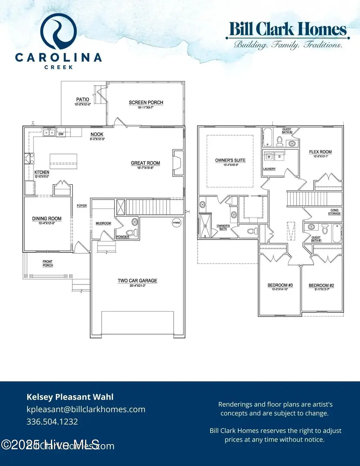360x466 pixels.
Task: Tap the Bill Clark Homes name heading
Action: click(287, 30)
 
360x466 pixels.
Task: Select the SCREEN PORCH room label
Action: click(146, 103)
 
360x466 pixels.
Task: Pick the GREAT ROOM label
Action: click(145, 163)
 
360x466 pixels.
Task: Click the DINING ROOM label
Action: click(47, 219)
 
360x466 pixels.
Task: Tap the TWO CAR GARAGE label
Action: click(137, 281)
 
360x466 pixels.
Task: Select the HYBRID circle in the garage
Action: click(177, 223)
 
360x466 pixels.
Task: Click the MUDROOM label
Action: click(103, 223)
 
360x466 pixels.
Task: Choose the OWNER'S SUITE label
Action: click(230, 160)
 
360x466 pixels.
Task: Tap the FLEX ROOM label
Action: click(320, 152)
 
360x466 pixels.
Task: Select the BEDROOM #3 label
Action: click(280, 285)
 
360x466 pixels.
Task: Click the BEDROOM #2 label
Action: click(321, 286)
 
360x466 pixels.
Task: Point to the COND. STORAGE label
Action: click(335, 212)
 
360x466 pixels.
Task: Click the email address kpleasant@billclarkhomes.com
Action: click(86, 409)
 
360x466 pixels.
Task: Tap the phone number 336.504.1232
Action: click(52, 422)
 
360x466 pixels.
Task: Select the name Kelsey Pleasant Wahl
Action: click(70, 397)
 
